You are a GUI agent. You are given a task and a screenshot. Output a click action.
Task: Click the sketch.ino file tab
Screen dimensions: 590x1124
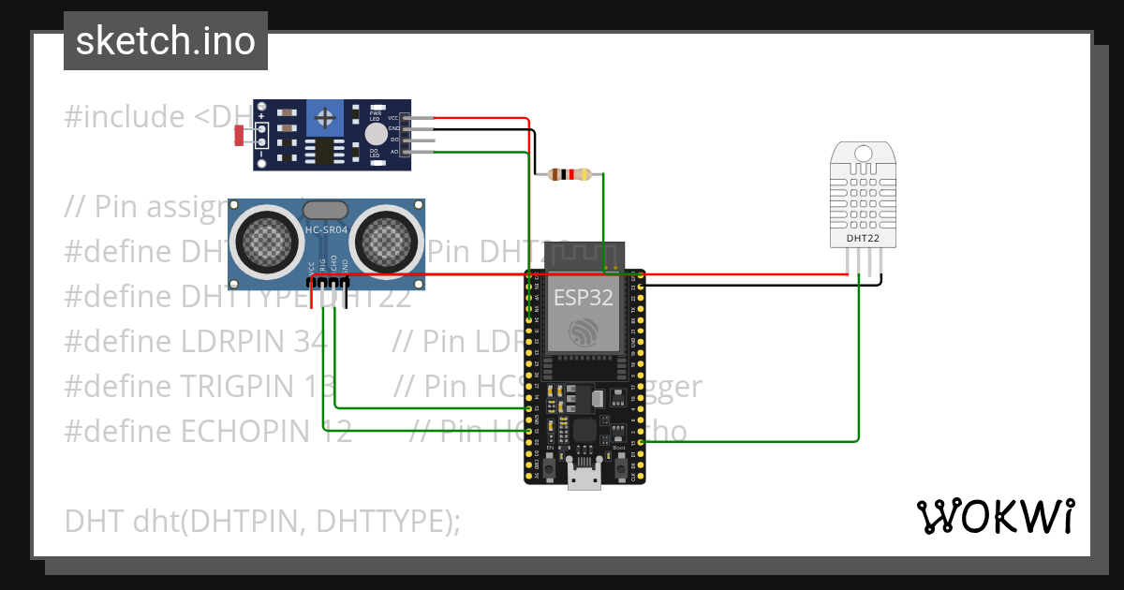(x=165, y=41)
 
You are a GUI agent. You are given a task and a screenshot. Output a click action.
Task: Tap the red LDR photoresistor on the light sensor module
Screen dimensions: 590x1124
(x=239, y=136)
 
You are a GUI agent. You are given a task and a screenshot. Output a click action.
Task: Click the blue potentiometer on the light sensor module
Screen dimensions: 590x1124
(x=325, y=117)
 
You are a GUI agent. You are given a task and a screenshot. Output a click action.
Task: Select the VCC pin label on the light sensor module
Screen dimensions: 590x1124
(x=393, y=118)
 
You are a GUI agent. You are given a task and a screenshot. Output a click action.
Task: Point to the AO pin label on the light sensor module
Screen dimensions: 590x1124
(x=393, y=151)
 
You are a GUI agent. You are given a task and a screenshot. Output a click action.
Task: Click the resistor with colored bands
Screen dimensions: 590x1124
(x=569, y=173)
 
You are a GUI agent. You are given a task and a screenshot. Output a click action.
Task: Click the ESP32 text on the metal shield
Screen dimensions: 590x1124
(x=583, y=298)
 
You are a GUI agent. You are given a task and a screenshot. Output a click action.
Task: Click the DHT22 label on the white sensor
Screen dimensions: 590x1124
(x=862, y=239)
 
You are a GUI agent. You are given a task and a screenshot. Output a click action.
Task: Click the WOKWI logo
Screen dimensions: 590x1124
(x=994, y=516)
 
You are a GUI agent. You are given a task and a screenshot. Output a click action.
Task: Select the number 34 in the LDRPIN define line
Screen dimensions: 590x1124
(x=309, y=341)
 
